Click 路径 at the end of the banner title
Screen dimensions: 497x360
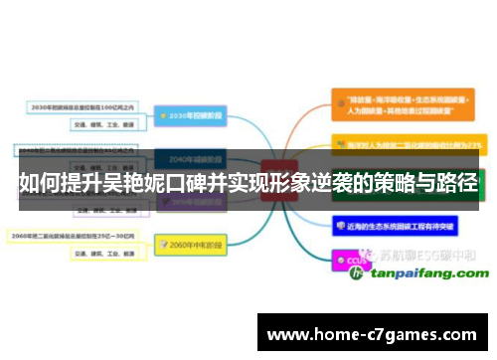457,184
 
